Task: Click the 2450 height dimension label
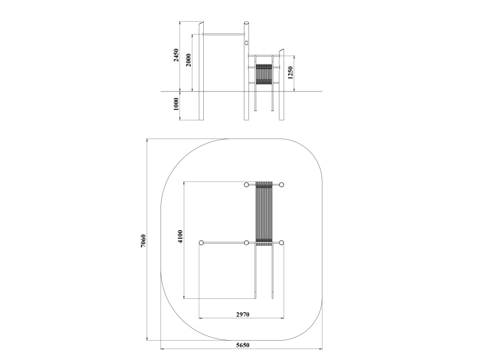[x=176, y=55]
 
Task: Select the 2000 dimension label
[x=188, y=60]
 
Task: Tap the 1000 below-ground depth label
[x=176, y=104]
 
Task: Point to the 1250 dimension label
[x=291, y=73]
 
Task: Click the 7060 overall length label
[x=143, y=241]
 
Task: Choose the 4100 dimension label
[x=180, y=237]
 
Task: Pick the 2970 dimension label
[x=243, y=314]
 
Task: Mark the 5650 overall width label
[x=243, y=345]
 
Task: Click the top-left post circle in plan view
[x=247, y=185]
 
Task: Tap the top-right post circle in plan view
[x=281, y=185]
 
